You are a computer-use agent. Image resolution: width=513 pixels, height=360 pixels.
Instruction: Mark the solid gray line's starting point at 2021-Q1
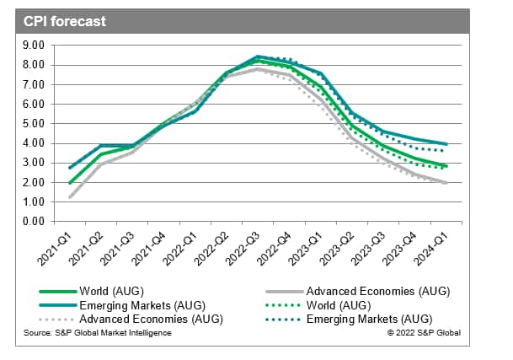70,197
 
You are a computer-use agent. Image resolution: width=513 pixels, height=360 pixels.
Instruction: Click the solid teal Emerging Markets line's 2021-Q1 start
70,168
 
